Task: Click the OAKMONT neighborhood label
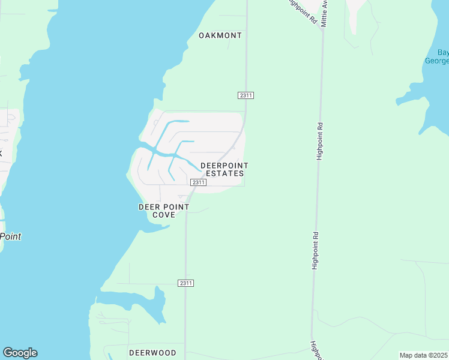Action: click(x=220, y=35)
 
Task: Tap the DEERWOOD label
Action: click(x=152, y=353)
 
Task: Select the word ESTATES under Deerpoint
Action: click(x=225, y=173)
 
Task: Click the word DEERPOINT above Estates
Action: click(x=224, y=166)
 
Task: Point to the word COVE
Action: click(x=163, y=215)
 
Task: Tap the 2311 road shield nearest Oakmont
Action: click(x=246, y=95)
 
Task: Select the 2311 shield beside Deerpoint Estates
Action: click(x=198, y=182)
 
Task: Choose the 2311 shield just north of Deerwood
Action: click(x=186, y=283)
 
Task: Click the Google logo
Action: click(x=20, y=353)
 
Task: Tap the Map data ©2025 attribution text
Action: click(x=423, y=355)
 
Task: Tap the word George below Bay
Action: click(x=438, y=61)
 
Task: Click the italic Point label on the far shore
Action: click(x=10, y=236)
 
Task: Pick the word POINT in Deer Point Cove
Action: click(x=177, y=207)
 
